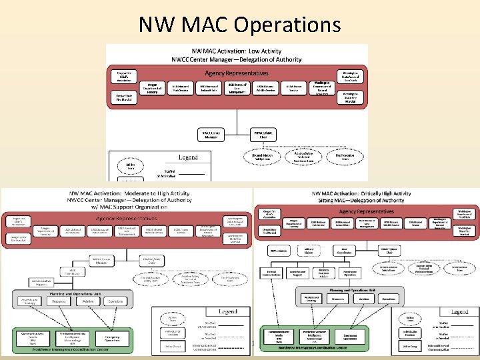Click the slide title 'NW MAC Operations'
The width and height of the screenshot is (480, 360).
click(x=239, y=25)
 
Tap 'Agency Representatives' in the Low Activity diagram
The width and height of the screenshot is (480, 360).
click(x=237, y=73)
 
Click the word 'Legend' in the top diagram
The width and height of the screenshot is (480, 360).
click(x=188, y=157)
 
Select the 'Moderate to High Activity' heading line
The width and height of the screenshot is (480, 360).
click(x=128, y=194)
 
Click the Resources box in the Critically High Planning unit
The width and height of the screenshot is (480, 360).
click(x=341, y=299)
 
